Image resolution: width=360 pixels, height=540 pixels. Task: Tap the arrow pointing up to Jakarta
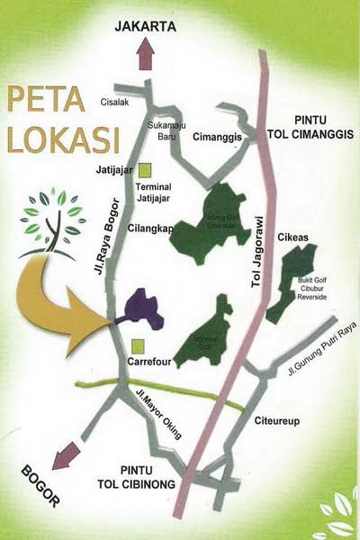(x=143, y=57)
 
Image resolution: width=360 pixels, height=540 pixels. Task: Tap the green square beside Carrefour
(x=137, y=346)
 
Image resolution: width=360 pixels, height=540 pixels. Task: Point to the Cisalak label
(x=118, y=102)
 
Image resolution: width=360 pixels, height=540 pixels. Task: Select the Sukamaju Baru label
(x=166, y=135)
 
